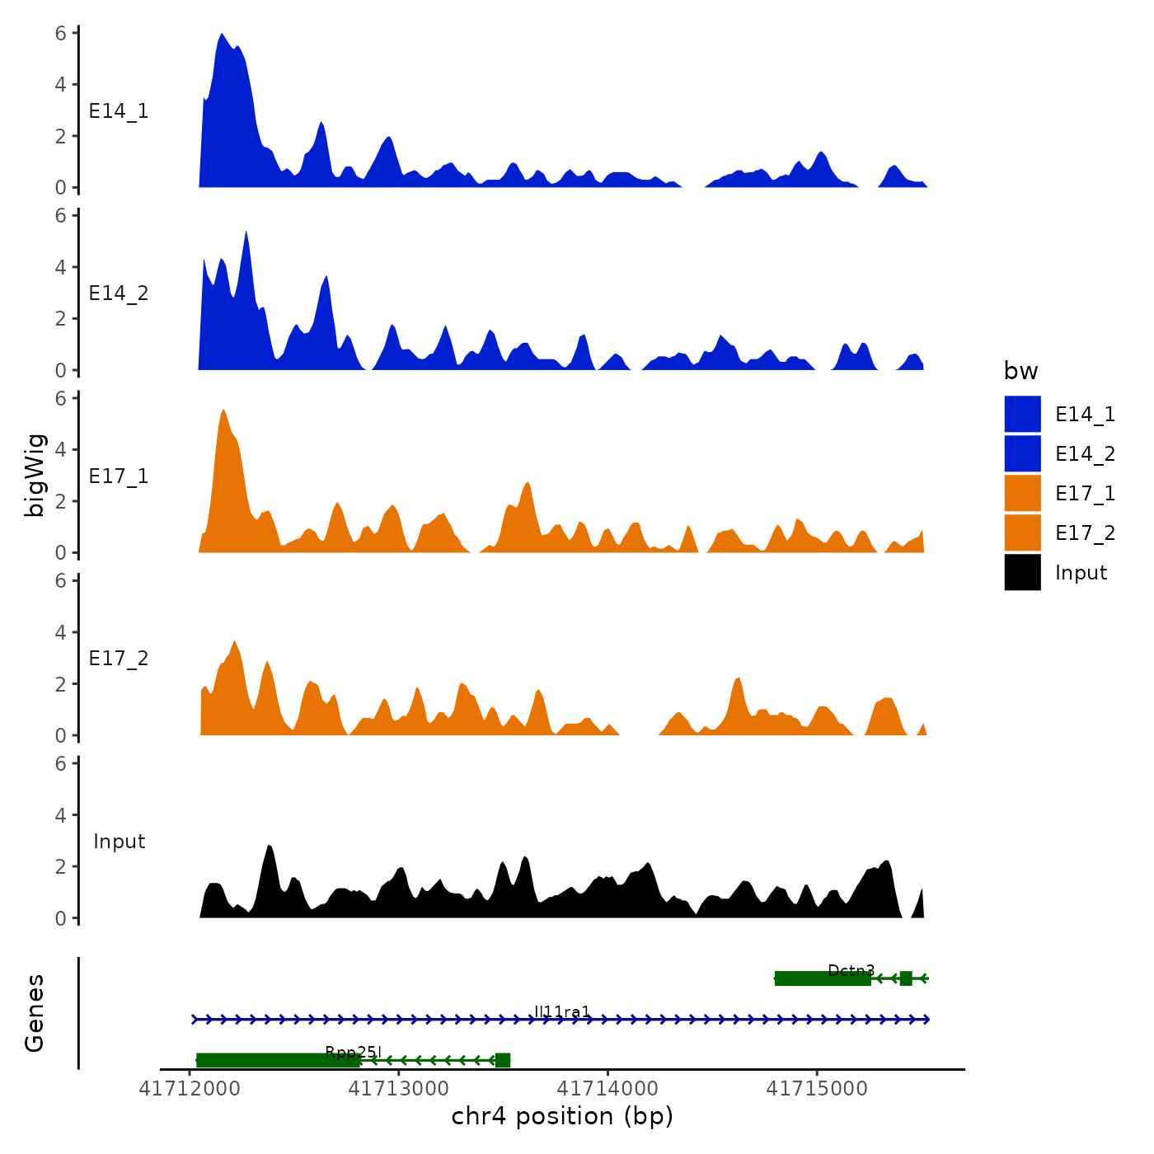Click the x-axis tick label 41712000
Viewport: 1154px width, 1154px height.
190,1089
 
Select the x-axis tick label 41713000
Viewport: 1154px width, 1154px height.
399,1089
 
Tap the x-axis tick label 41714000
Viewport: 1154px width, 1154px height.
608,1089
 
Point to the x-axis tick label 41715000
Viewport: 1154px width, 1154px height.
817,1089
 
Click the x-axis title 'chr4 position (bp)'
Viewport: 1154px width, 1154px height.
562,1117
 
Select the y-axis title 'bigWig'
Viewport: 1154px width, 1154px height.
35,476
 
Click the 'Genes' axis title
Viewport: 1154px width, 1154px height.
35,1013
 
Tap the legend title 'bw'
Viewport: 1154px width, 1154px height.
1020,372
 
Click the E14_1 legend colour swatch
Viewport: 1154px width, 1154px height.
1022,414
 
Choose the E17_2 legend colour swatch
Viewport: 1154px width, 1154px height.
1022,532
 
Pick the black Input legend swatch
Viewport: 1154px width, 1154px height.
1022,572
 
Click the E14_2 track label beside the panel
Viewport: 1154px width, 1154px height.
119,293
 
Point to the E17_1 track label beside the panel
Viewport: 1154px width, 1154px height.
119,476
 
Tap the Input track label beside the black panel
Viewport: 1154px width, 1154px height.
119,842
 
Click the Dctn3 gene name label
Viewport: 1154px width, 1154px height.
851,970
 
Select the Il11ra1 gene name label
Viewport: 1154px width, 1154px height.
562,1011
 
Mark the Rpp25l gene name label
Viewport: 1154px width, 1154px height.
353,1052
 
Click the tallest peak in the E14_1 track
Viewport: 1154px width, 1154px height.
222,35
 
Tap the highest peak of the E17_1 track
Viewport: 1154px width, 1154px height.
223,410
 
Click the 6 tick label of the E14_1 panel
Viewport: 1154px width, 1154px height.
60,34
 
